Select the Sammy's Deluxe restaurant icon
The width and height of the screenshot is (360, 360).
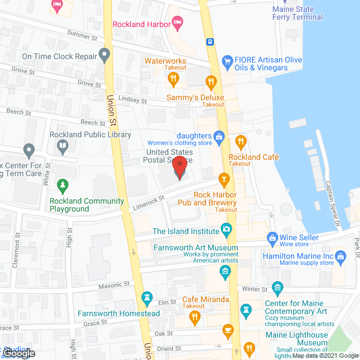211,83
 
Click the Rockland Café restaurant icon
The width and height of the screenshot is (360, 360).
241,141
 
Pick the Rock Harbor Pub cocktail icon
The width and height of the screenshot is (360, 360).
224,180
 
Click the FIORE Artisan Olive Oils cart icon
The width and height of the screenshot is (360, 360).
228,60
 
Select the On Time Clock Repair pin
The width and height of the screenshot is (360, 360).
104,56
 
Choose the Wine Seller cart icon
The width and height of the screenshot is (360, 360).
272,238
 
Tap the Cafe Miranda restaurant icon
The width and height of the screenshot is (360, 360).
195,317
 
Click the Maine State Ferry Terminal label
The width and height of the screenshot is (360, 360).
298,13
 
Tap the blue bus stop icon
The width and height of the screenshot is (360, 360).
209,42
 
